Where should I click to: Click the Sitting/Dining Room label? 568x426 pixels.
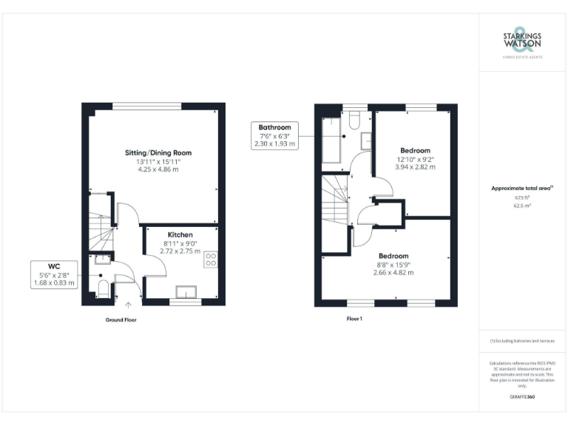pos(152,152)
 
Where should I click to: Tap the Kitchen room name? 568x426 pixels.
pos(180,234)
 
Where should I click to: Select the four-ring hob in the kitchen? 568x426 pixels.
pos(210,259)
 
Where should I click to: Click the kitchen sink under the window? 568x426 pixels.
pos(185,291)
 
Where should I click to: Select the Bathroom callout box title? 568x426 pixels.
pos(274,127)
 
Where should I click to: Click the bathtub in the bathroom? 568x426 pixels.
pos(331,138)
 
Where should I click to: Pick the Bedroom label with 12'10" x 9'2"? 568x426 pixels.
pos(415,150)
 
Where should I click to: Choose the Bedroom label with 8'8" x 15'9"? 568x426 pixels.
pos(393,256)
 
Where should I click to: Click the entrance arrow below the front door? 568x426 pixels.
pos(128,304)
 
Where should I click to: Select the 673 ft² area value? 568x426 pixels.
pos(522,198)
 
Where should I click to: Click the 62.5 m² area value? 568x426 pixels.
pos(522,206)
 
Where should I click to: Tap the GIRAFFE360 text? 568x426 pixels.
pos(522,397)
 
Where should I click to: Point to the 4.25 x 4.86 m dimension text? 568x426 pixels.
pos(158,169)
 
